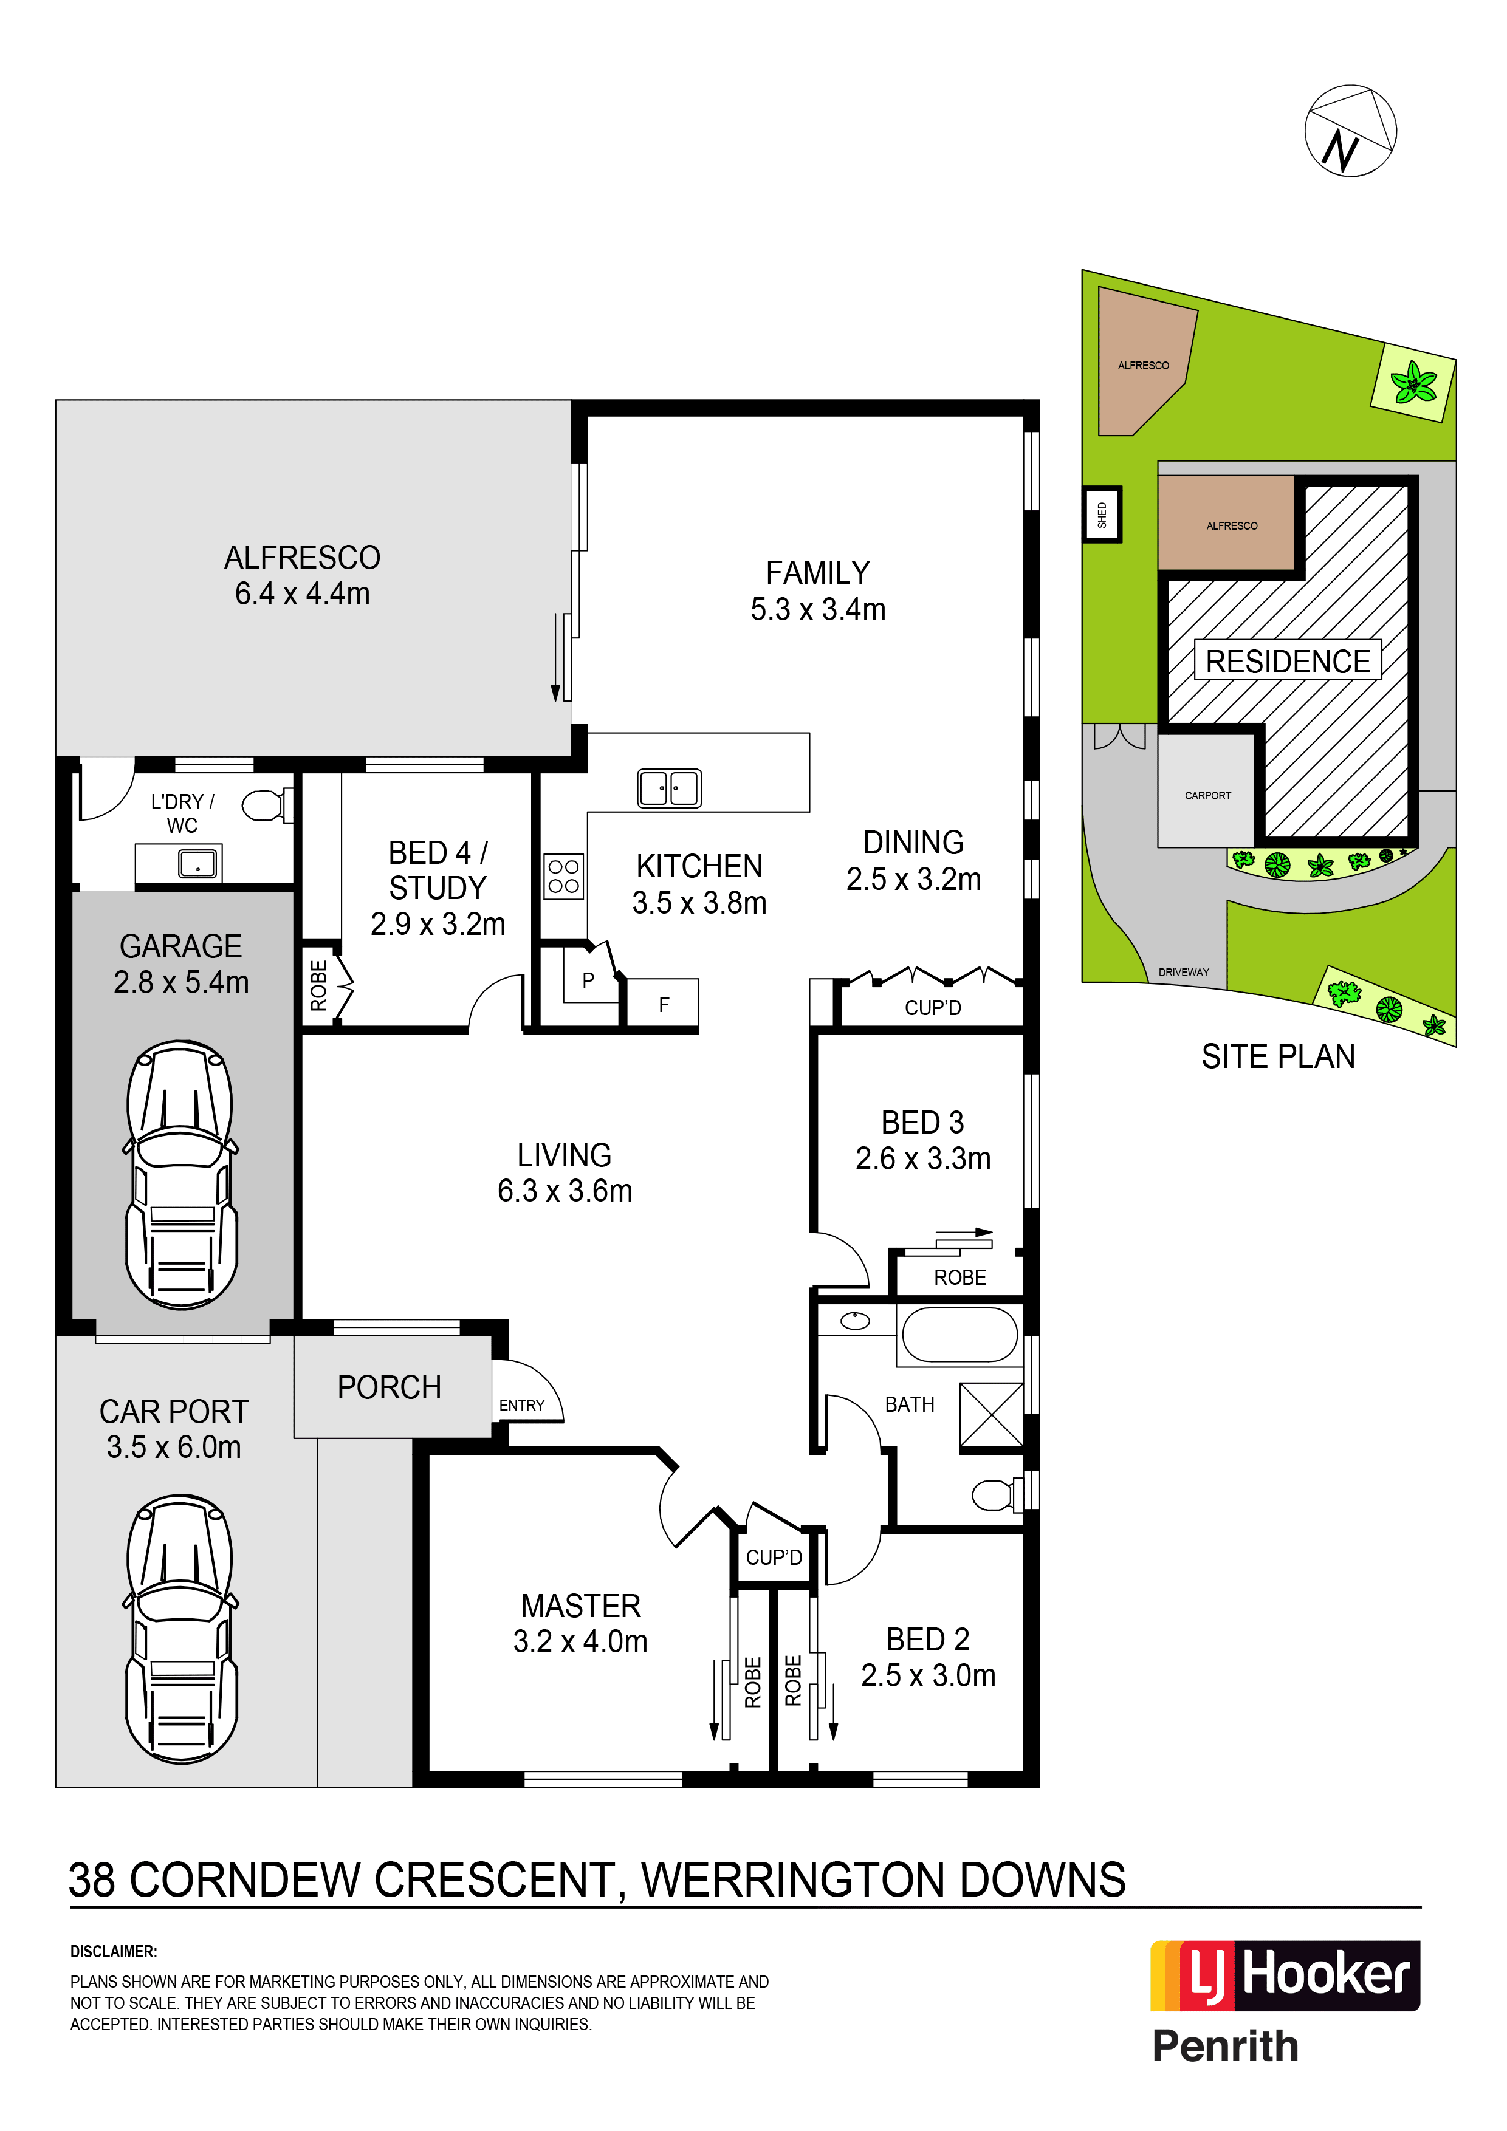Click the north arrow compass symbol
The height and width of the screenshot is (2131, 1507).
click(1350, 131)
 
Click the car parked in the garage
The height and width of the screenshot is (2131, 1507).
click(181, 1174)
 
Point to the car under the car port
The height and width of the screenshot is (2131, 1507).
click(181, 1628)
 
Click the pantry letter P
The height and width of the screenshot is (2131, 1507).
click(588, 980)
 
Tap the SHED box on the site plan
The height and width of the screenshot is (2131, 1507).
click(1102, 514)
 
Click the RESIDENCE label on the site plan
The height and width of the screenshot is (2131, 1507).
click(1288, 661)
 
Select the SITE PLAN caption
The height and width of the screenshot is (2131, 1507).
click(1278, 1056)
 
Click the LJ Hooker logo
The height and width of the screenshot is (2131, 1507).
click(1285, 1975)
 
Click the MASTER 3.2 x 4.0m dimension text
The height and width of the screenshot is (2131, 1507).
click(580, 1641)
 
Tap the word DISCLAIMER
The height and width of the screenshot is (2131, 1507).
click(113, 1951)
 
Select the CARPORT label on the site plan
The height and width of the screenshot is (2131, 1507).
click(1207, 795)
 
